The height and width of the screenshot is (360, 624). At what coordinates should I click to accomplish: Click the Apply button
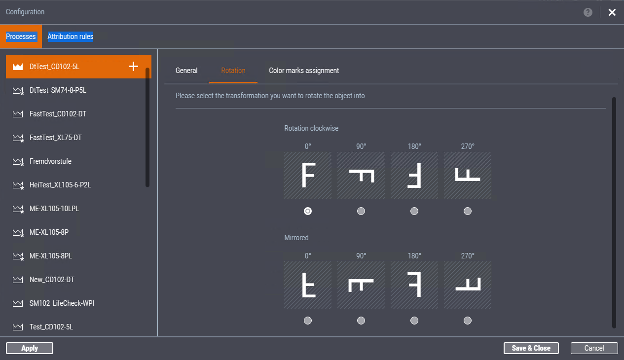(x=30, y=348)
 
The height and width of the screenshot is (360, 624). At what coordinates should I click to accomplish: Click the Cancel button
(x=594, y=348)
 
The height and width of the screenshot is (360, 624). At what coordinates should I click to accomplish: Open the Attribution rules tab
(x=70, y=36)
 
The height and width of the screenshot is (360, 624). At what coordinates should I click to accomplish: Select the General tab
(x=186, y=71)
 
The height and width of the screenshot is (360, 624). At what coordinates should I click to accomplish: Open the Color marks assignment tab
(x=304, y=71)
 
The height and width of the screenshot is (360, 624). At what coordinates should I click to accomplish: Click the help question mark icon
(x=588, y=12)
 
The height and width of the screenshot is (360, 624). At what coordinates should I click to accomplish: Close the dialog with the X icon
(x=612, y=12)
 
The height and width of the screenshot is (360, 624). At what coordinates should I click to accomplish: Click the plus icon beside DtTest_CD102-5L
(x=133, y=67)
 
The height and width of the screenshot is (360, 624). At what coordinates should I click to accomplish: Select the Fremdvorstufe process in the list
(x=50, y=161)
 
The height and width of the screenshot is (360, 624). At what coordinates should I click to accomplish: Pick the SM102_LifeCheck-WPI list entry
(x=62, y=303)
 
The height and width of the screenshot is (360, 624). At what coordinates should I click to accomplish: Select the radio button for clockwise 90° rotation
(x=361, y=211)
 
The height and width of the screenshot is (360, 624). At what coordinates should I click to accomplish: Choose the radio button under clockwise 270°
(x=468, y=211)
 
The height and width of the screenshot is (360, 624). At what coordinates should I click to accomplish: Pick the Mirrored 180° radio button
(x=414, y=321)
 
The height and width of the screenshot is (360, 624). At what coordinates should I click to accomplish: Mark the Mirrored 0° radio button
(x=308, y=321)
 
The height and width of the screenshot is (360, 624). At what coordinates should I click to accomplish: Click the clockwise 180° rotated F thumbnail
(x=414, y=176)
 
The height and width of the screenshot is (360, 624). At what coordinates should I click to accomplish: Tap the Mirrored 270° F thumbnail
(x=468, y=285)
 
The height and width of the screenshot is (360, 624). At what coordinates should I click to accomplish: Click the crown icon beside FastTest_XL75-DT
(x=18, y=138)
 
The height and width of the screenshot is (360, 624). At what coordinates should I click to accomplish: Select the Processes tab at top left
(x=21, y=36)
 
